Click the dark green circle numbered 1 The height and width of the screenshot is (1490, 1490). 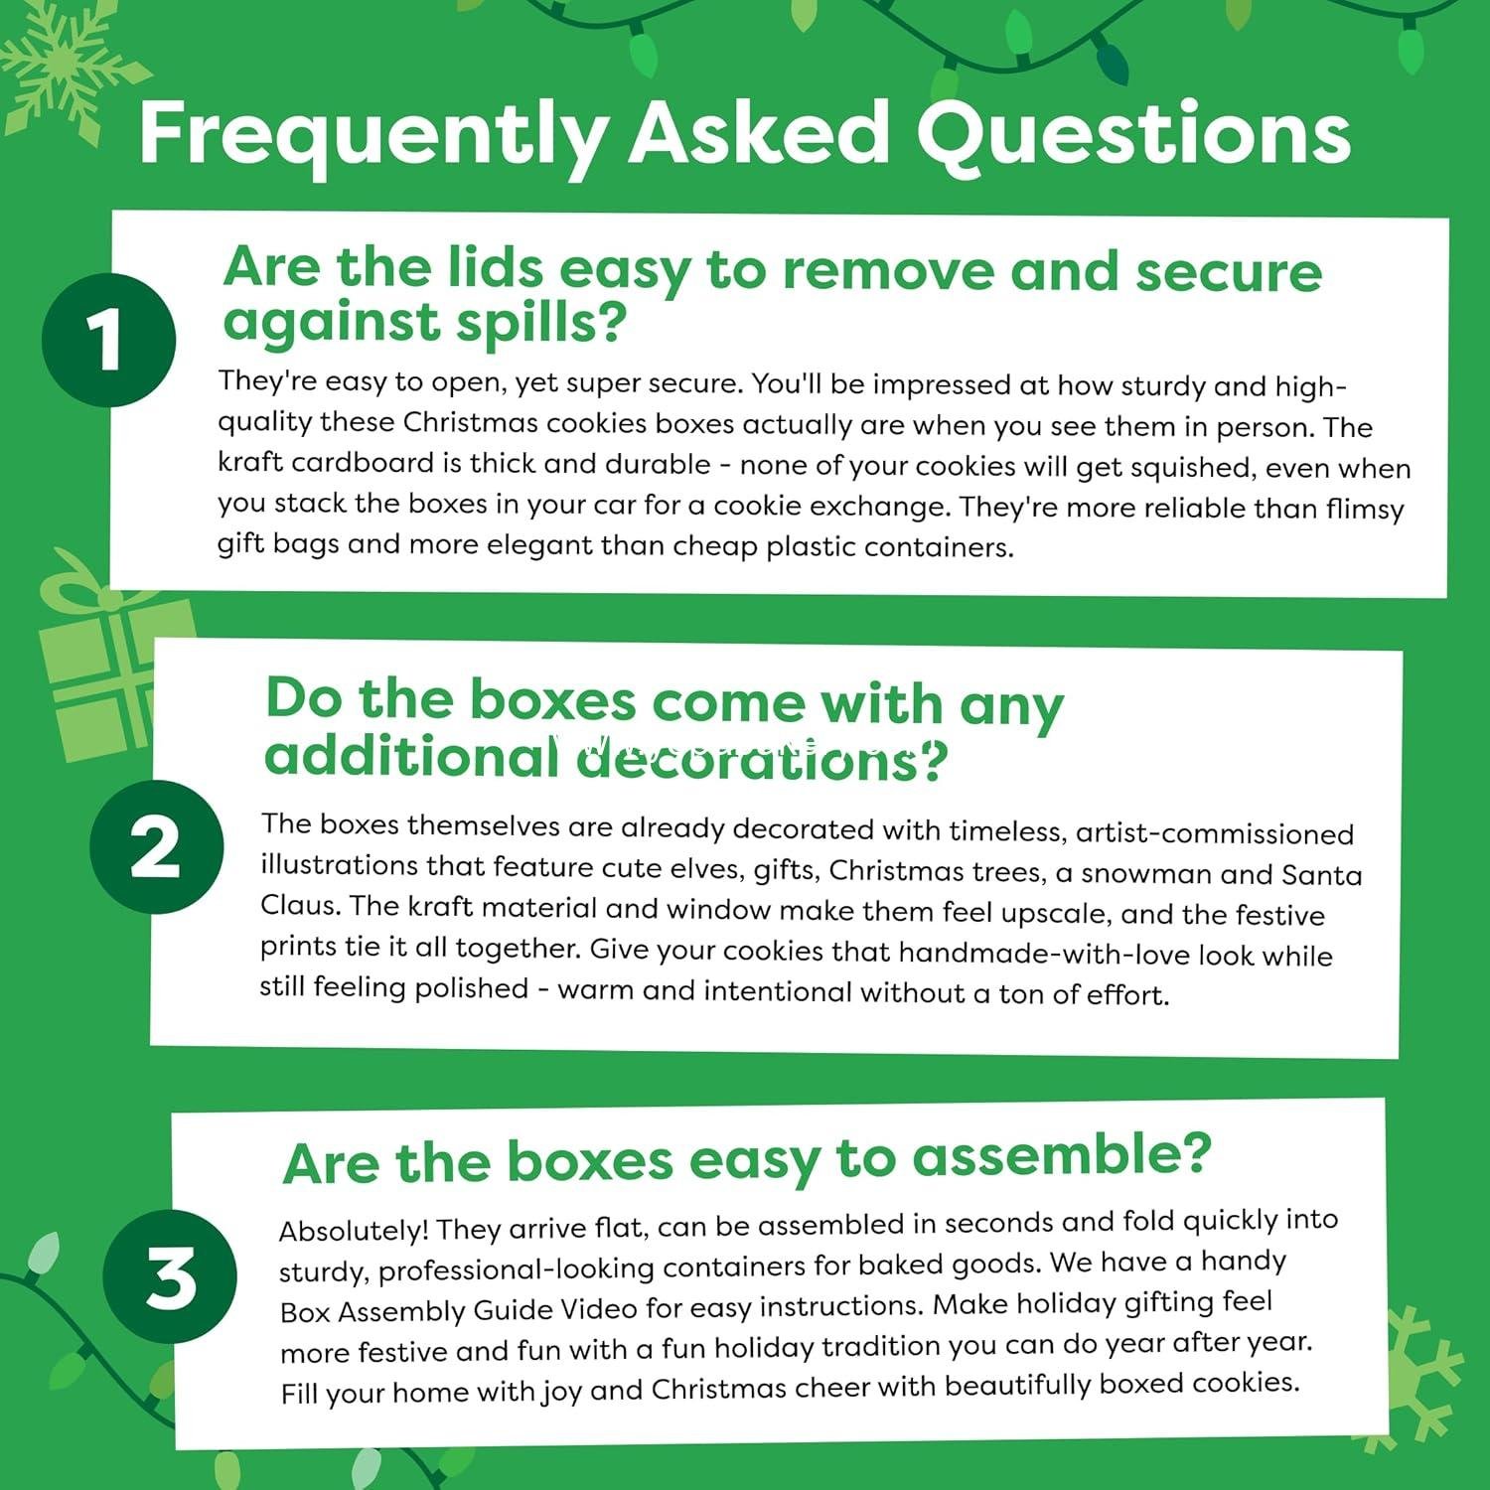108,340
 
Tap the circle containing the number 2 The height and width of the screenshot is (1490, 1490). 156,846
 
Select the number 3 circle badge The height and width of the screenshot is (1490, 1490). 170,1277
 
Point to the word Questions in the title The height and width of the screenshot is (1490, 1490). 1132,133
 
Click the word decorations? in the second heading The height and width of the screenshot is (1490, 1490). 762,760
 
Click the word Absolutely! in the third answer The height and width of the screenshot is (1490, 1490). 354,1231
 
